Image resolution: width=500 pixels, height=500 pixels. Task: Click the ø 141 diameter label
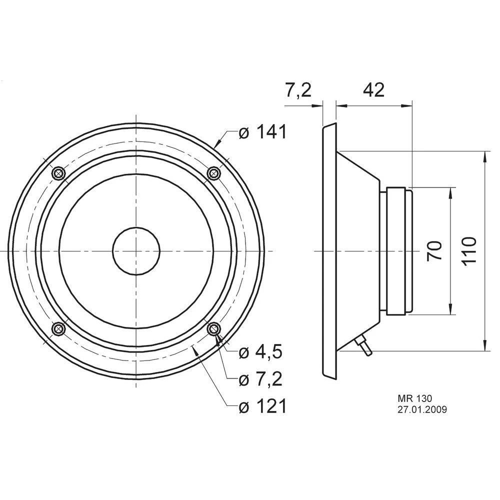pos(262,132)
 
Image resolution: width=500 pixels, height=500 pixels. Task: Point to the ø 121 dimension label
pos(262,406)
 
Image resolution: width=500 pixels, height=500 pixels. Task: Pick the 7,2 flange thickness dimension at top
pos(298,90)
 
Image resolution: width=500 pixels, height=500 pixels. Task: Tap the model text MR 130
pos(414,398)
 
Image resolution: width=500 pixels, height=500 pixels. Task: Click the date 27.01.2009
pos(422,409)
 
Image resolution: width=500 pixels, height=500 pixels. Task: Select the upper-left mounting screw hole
pos(58,173)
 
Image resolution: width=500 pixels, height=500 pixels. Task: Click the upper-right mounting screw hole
pos(214,173)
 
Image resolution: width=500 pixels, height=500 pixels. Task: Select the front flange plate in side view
pos(329,250)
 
